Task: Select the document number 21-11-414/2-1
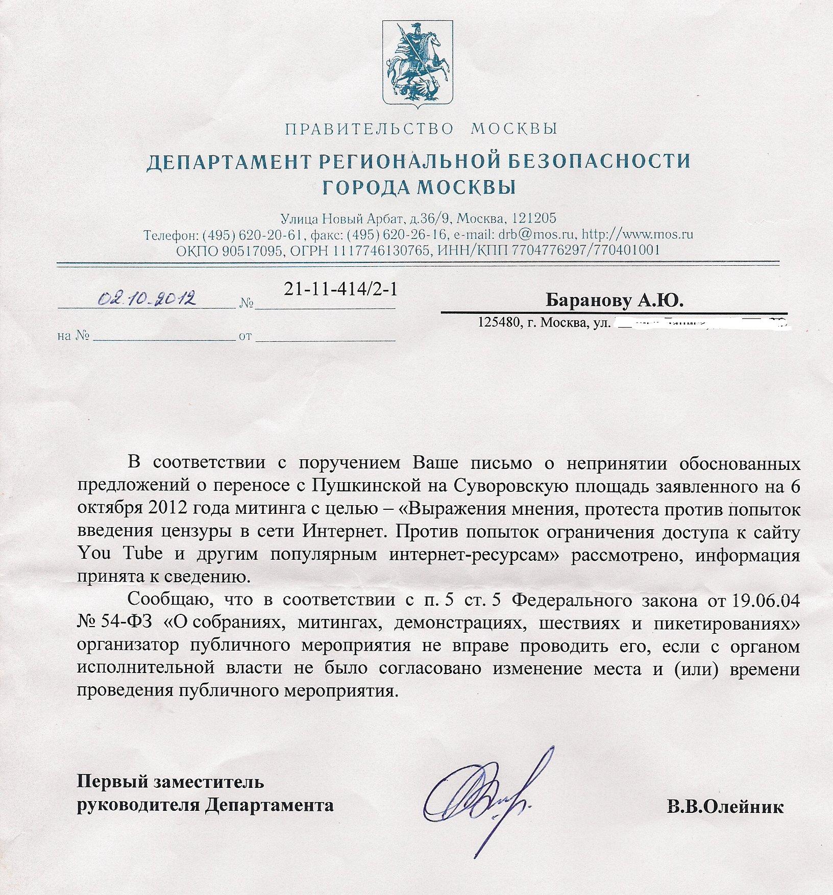(x=340, y=289)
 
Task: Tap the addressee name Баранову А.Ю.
(x=615, y=301)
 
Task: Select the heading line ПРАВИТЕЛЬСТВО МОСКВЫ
(x=421, y=129)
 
